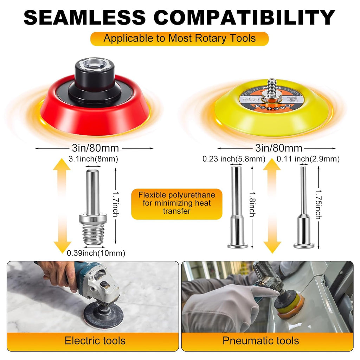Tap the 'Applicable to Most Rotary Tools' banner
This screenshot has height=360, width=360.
(x=180, y=38)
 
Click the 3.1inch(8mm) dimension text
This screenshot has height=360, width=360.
(x=94, y=159)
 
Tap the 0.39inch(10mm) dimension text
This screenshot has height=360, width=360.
(x=96, y=253)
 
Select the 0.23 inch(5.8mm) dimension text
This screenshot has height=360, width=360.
(x=234, y=159)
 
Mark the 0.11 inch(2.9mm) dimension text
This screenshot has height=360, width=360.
(x=308, y=159)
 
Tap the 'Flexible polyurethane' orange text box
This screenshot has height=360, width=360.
(x=176, y=203)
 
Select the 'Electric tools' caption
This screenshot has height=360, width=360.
(x=95, y=340)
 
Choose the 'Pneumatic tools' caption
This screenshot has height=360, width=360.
(x=261, y=340)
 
